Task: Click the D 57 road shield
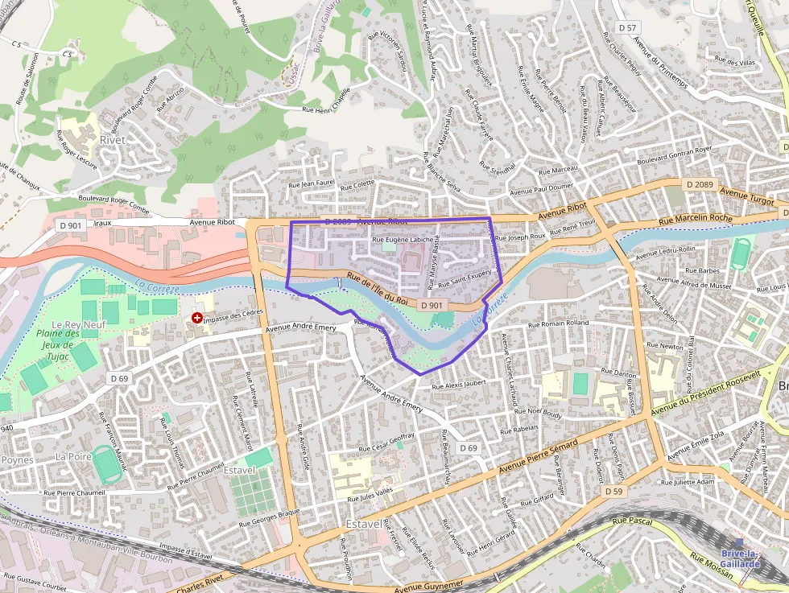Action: [x=628, y=27]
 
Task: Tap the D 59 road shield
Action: [x=613, y=491]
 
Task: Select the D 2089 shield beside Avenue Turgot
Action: [x=700, y=184]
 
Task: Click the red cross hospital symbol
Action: [x=196, y=319]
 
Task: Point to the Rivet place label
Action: [x=113, y=139]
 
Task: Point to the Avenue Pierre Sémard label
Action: [x=539, y=457]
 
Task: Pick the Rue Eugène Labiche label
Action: [x=402, y=240]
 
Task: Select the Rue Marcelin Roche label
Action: [x=695, y=219]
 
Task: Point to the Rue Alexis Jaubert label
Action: [x=460, y=385]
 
